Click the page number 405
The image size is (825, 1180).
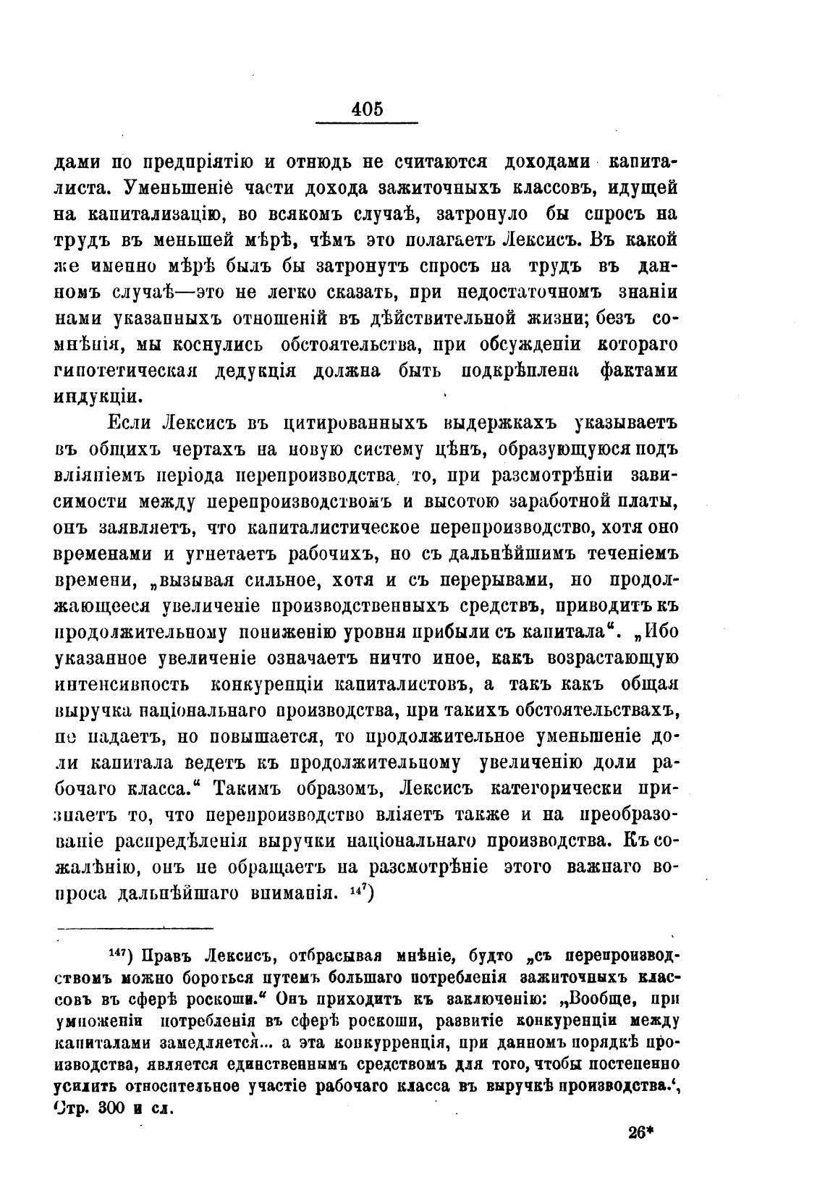(x=367, y=109)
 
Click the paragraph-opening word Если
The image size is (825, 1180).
(x=130, y=423)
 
